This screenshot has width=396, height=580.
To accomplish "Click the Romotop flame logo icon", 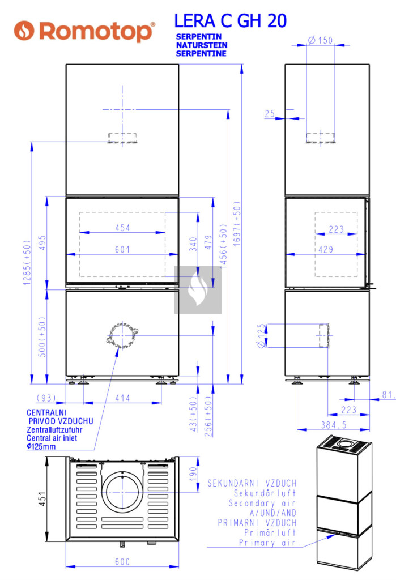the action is pyautogui.click(x=24, y=31).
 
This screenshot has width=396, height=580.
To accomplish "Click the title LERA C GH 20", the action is pyautogui.click(x=230, y=21).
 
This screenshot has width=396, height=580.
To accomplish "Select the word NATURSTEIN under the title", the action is pyautogui.click(x=202, y=45).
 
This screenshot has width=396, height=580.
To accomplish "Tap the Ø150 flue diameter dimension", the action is pyautogui.click(x=321, y=40).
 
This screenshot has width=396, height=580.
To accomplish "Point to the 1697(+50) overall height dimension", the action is pyautogui.click(x=237, y=223).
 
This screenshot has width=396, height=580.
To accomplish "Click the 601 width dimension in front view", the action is pyautogui.click(x=122, y=249).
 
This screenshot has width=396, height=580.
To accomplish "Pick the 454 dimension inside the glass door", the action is pyautogui.click(x=122, y=228).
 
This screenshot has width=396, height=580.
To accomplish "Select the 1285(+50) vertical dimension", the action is pyautogui.click(x=27, y=263).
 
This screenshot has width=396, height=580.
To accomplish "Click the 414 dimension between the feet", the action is pyautogui.click(x=122, y=398).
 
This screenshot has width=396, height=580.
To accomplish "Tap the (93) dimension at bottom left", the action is pyautogui.click(x=46, y=398).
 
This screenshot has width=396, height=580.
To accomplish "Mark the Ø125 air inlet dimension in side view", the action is pyautogui.click(x=261, y=335).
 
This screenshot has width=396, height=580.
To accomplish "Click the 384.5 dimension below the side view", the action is pyautogui.click(x=334, y=425).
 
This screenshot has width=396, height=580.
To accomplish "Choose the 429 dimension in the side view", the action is pyautogui.click(x=326, y=250).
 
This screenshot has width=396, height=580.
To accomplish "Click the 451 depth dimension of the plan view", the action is pyautogui.click(x=43, y=498).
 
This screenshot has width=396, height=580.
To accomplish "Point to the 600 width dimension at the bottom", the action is pyautogui.click(x=122, y=562).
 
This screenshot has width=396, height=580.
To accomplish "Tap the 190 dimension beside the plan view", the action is pyautogui.click(x=193, y=474).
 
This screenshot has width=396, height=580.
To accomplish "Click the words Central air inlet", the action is pyautogui.click(x=52, y=438).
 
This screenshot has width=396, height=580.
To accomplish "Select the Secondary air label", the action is pyautogui.click(x=262, y=503).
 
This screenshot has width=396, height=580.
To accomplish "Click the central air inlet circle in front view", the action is pyautogui.click(x=122, y=336).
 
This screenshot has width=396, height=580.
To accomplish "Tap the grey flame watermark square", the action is pyautogui.click(x=198, y=289).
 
